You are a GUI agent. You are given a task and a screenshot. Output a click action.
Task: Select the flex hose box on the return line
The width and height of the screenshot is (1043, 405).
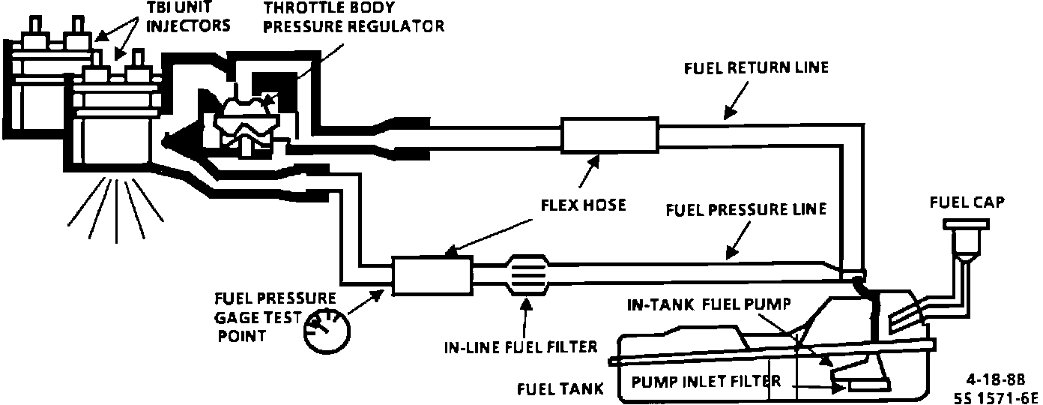608,136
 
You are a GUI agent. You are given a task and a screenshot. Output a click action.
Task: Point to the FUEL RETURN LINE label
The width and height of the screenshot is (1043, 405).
755,67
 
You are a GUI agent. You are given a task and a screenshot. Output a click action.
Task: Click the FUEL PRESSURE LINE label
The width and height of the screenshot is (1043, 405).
746,209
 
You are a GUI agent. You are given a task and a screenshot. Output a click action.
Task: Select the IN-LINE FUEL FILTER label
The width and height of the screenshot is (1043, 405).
520,346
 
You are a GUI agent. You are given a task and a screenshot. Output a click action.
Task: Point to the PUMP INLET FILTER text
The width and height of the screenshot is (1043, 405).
706,381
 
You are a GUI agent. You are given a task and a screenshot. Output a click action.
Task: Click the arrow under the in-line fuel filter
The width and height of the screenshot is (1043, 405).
527,315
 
